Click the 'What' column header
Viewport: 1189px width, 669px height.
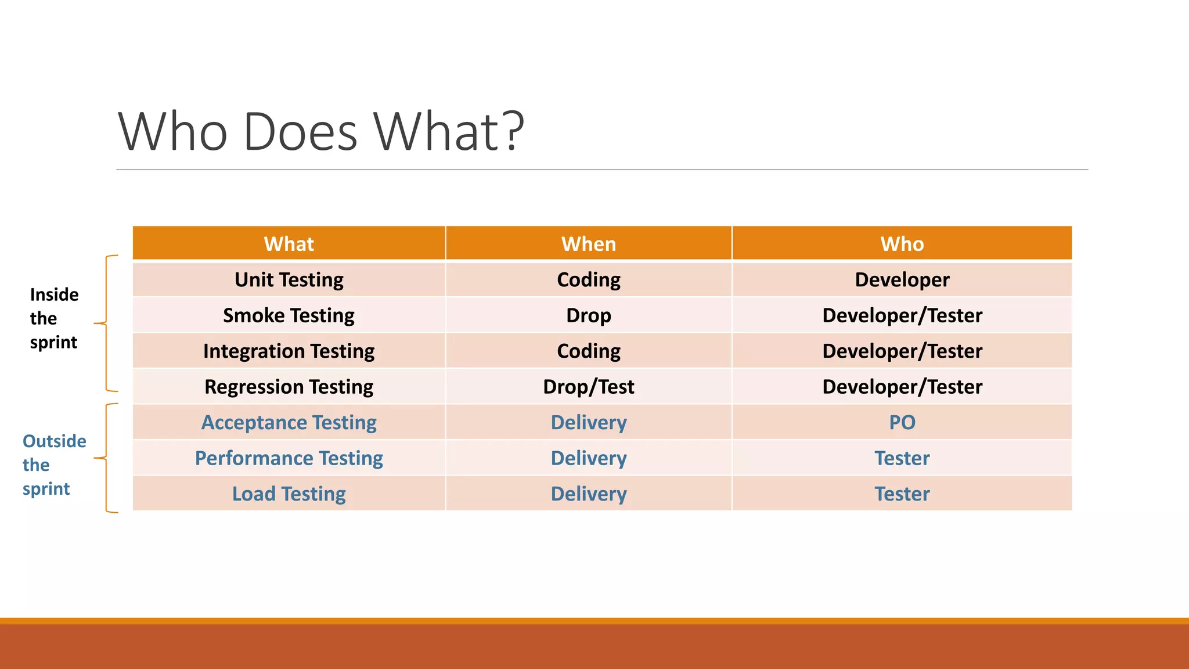[289, 244]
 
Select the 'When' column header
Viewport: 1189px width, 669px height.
[588, 244]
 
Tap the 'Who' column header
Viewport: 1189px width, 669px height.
[902, 244]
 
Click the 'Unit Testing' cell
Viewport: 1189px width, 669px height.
[289, 280]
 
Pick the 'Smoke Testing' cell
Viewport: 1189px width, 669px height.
[289, 315]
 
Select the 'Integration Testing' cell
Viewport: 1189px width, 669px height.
[289, 351]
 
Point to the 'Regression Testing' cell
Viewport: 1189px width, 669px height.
[289, 387]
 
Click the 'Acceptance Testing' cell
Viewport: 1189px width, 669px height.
[289, 423]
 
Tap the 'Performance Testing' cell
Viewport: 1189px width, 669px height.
[289, 458]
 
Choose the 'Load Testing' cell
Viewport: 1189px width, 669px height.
[289, 494]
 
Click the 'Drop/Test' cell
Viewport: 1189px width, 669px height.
[588, 387]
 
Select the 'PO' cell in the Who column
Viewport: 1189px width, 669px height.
[902, 423]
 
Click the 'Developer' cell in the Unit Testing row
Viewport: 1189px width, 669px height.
[902, 280]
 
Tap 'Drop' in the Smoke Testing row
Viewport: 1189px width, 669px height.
[588, 315]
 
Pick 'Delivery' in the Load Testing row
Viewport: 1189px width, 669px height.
[588, 494]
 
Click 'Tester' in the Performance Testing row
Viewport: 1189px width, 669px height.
[902, 458]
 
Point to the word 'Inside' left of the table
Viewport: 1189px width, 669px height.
[54, 295]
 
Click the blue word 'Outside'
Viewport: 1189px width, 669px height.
[54, 441]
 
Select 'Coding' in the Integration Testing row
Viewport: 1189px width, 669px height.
[588, 351]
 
